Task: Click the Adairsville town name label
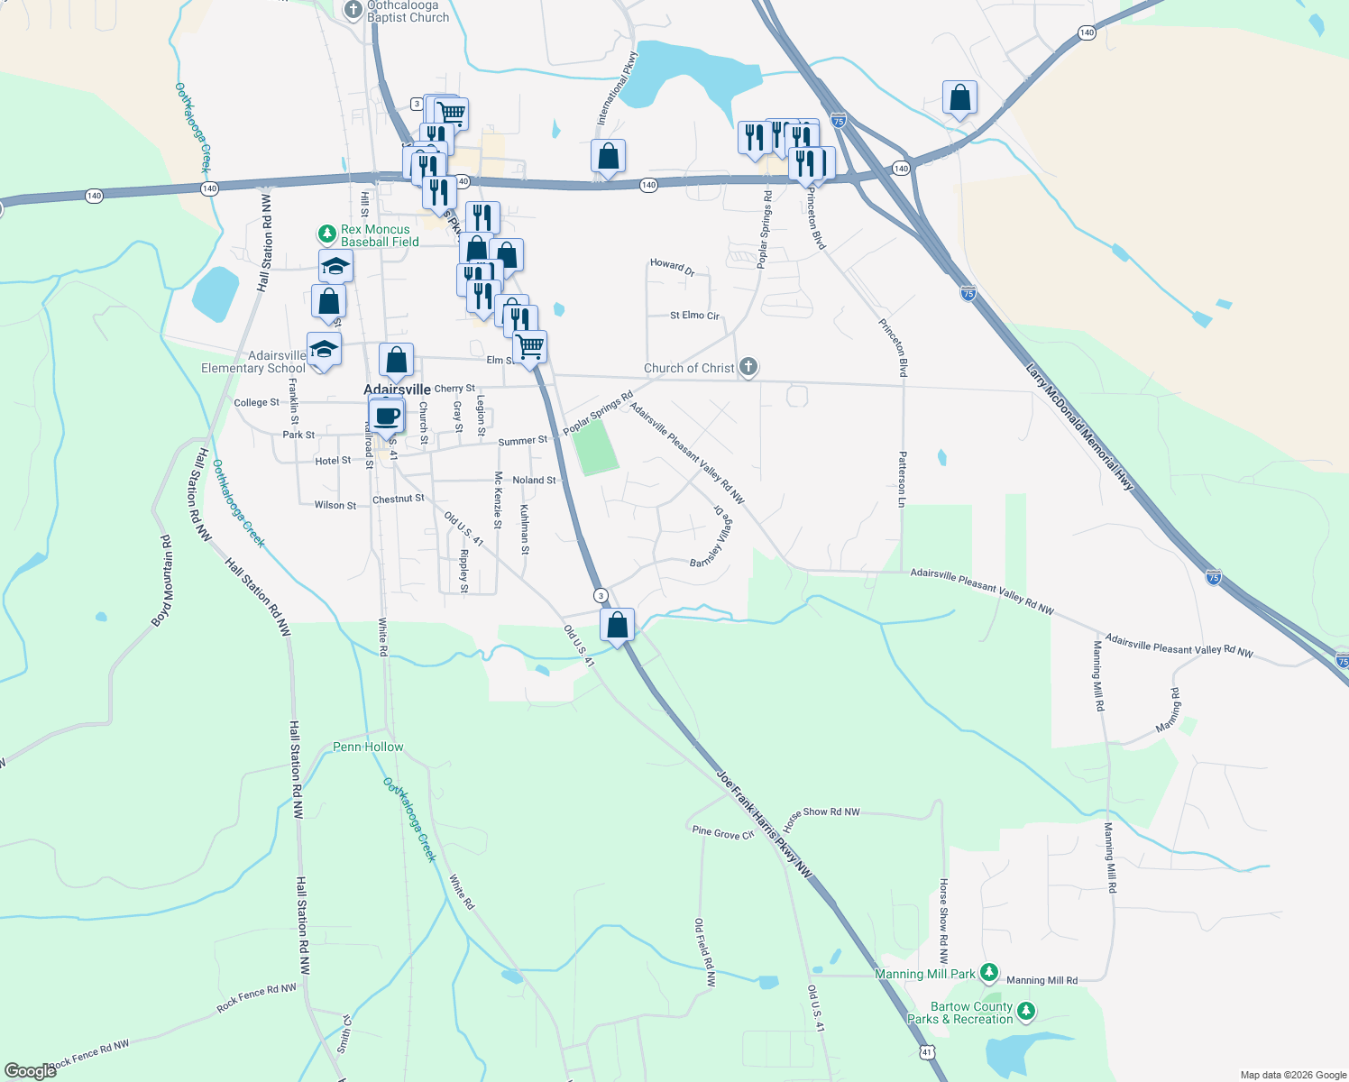tap(397, 390)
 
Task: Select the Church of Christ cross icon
tap(748, 367)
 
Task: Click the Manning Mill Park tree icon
tap(989, 973)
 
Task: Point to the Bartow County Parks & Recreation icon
tap(1026, 1013)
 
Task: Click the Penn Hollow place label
tap(368, 747)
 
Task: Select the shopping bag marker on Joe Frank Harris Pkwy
tap(618, 625)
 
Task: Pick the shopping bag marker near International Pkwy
tap(609, 157)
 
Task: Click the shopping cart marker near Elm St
tap(530, 346)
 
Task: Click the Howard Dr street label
tap(673, 266)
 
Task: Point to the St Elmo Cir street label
tap(694, 316)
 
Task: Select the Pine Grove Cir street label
tap(722, 833)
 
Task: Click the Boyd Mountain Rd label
tap(162, 581)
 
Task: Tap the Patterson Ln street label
tap(902, 485)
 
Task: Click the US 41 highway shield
tap(927, 1052)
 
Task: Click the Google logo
tap(31, 1071)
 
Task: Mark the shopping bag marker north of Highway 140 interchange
tap(959, 97)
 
